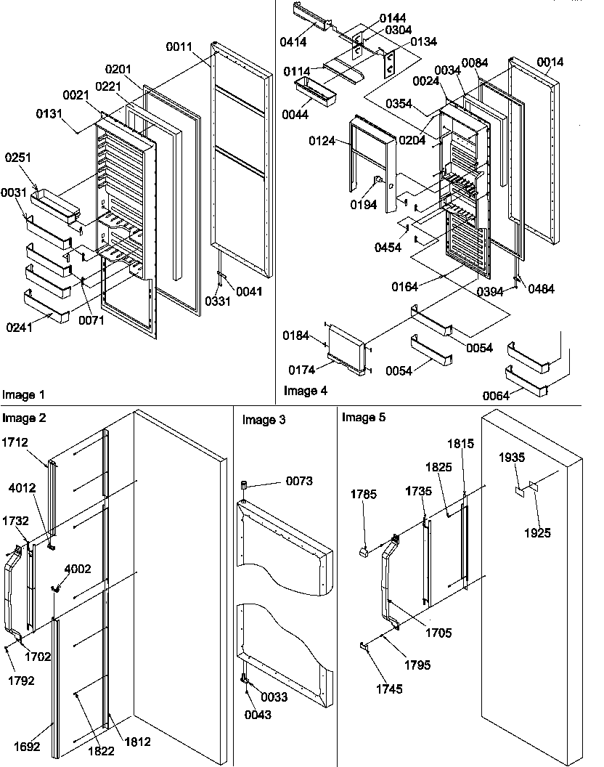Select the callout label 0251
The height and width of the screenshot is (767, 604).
(18, 158)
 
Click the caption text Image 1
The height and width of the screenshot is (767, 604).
(23, 395)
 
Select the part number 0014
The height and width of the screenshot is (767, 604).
(550, 62)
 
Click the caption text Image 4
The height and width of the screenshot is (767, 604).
(305, 391)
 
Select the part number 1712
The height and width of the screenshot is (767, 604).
(15, 442)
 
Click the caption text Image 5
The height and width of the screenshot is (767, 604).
(364, 418)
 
